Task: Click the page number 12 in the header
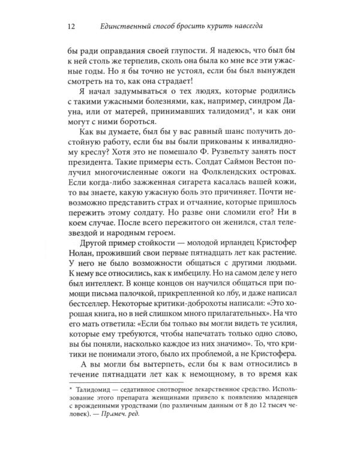tap(71, 25)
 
